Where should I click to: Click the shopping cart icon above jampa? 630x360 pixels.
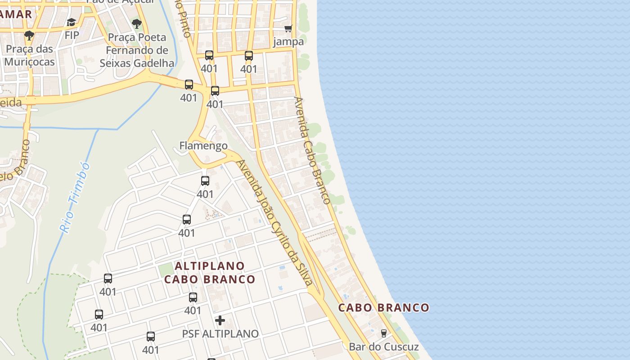288,28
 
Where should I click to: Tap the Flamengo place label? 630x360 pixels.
203,146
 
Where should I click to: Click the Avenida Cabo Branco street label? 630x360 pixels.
313,150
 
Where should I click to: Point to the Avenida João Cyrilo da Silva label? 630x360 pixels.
274,223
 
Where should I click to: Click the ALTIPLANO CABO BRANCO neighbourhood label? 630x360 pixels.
210,273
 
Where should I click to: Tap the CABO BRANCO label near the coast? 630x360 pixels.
383,308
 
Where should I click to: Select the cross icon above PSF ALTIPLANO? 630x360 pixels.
220,320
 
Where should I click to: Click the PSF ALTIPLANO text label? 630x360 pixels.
220,334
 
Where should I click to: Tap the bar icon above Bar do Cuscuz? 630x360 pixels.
383,333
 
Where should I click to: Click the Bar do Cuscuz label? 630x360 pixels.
383,347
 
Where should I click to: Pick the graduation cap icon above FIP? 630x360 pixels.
72,22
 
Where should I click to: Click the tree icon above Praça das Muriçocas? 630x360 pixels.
29,36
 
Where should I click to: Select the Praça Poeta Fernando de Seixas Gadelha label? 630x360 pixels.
137,50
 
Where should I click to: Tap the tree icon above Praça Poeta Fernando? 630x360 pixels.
137,24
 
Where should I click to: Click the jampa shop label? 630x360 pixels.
288,42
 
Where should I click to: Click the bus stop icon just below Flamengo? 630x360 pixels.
205,181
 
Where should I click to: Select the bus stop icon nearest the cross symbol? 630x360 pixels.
193,297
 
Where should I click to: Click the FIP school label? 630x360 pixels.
72,35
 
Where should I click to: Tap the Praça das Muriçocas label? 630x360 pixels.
30,55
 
